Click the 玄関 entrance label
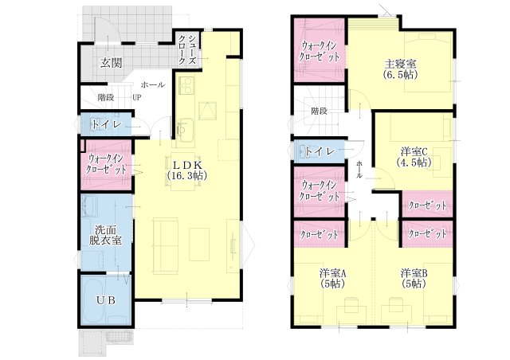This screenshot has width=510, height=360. click(x=112, y=62)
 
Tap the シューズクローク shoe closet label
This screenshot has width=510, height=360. click(x=187, y=49)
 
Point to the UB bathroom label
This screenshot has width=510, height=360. click(x=107, y=300)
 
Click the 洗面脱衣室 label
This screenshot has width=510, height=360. click(x=106, y=235)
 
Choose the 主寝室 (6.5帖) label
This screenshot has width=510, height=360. click(x=400, y=68)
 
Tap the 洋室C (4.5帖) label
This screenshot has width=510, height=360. click(x=414, y=156)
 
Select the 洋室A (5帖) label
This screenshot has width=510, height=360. click(x=332, y=278)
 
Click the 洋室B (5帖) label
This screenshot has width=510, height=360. click(x=414, y=278)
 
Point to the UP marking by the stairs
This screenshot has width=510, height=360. click(x=137, y=97)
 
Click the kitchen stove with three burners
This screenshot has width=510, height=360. click(x=186, y=85)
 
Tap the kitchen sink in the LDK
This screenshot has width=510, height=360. click(x=186, y=127)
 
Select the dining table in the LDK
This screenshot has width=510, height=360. click(x=182, y=171)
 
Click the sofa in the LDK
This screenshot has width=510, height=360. click(x=166, y=245)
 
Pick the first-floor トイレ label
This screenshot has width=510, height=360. click(x=106, y=124)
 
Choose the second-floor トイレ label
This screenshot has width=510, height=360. click(x=320, y=151)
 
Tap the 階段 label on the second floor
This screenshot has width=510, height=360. click(x=319, y=111)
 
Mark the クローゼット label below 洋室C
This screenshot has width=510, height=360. click(x=427, y=205)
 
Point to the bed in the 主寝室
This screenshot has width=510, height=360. click(x=429, y=63)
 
